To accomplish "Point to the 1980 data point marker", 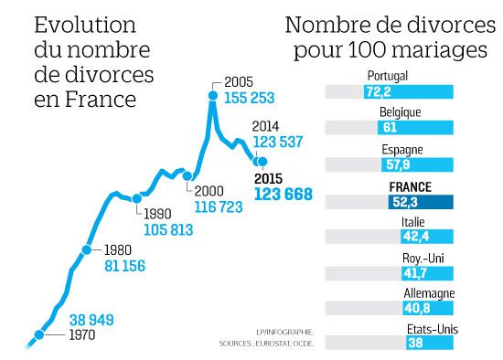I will click(x=88, y=249).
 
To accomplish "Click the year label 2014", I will click(x=265, y=128).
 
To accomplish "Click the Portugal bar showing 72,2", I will click(x=407, y=92).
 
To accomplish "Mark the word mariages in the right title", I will click(x=437, y=49).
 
